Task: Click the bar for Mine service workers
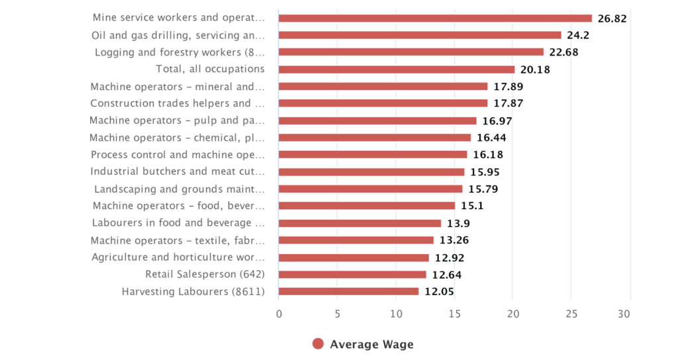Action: (x=435, y=18)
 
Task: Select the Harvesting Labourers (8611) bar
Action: (x=348, y=291)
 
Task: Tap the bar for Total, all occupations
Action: (x=396, y=69)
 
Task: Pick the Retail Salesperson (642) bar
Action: (x=352, y=275)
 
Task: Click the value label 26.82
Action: (x=612, y=19)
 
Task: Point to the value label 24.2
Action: (x=577, y=35)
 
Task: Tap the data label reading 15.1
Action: (x=472, y=206)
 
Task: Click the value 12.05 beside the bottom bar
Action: (x=439, y=292)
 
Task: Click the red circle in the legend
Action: (x=318, y=343)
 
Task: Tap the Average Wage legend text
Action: (x=371, y=344)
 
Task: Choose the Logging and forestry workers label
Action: (x=179, y=52)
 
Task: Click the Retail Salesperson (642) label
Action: (x=205, y=275)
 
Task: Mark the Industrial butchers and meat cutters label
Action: (x=177, y=171)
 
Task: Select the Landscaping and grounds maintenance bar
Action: (x=370, y=189)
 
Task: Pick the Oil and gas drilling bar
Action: (x=420, y=35)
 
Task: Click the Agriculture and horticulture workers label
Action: (x=178, y=257)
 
